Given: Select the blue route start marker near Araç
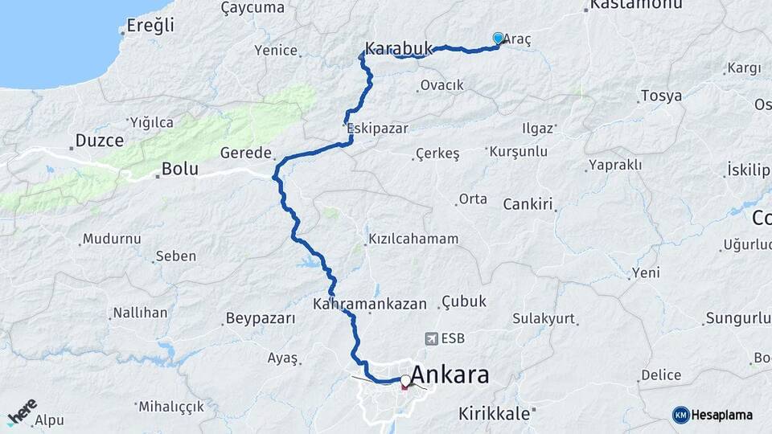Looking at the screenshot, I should coord(498,39).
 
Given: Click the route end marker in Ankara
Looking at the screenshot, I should coord(405,382).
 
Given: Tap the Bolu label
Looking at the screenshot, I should coord(179,170).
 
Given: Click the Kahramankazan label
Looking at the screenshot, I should coord(370,305).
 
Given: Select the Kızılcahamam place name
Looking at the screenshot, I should coord(413,239).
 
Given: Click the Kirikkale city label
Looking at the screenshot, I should coord(494,413).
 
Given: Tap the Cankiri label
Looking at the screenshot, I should coord(528,204).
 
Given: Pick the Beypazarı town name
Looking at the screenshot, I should coord(261,318).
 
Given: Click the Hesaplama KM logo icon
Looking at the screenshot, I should coord(681,415).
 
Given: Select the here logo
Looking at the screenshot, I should coord(22,411).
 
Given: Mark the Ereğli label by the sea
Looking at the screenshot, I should coord(150,26).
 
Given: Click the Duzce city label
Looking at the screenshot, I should coord(99,141).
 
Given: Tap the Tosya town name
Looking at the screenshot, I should coord(661,96).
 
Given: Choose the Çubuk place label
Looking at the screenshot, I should coord(464,302).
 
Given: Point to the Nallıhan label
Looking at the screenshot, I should coord(140,312).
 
